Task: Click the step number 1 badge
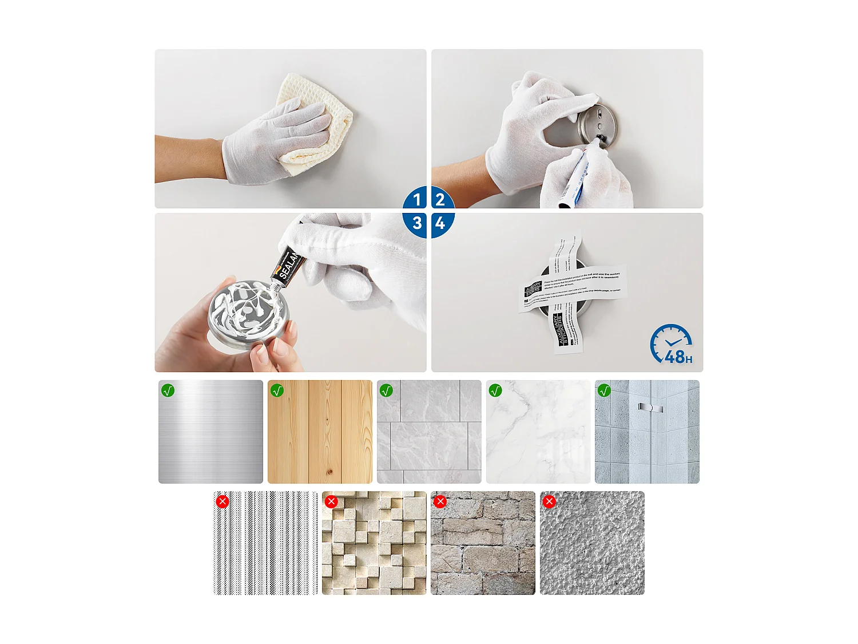(x=416, y=199)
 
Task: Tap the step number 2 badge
(x=440, y=199)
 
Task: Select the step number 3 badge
(x=416, y=223)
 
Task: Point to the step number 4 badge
(x=440, y=223)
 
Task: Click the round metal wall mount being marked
(x=598, y=123)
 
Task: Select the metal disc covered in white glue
(x=249, y=312)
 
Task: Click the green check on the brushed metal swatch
(x=168, y=390)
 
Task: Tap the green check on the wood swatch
(x=277, y=390)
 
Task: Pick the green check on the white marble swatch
(x=495, y=390)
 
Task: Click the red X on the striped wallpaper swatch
(x=223, y=501)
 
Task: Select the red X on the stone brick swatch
(x=440, y=501)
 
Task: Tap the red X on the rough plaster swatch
(x=549, y=501)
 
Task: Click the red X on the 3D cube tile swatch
(x=331, y=501)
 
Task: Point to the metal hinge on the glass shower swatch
(x=650, y=408)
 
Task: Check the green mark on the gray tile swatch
(x=386, y=390)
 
